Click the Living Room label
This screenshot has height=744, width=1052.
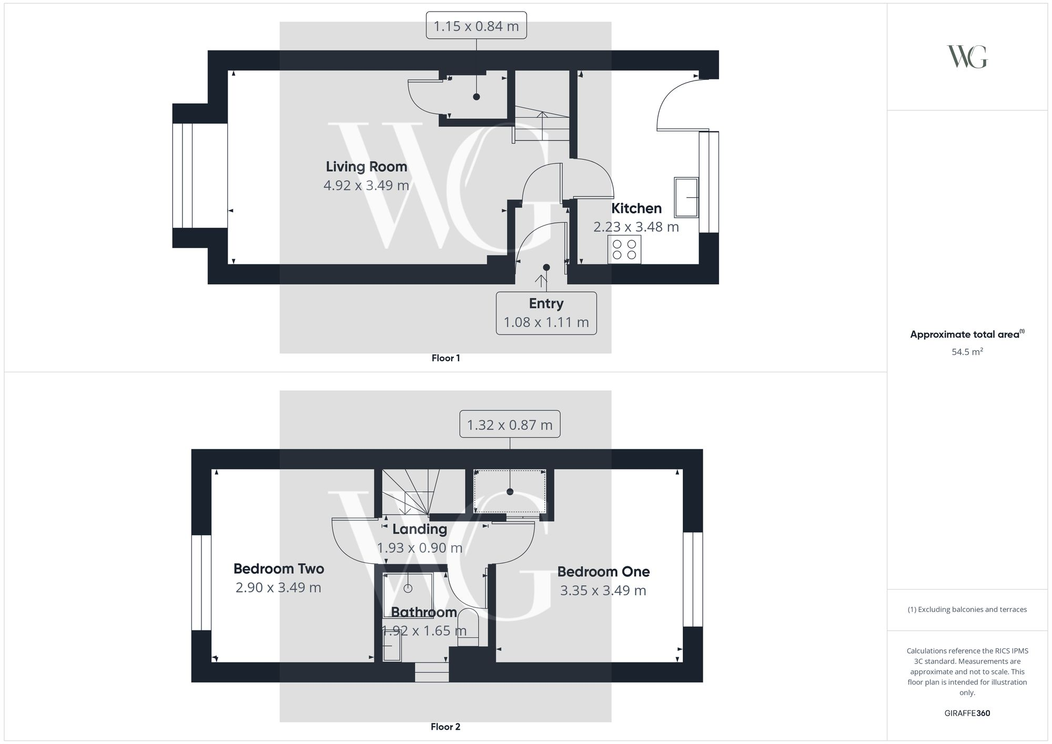(x=366, y=167)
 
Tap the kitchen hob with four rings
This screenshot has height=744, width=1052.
(x=624, y=249)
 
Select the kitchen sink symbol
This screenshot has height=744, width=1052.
(x=686, y=197)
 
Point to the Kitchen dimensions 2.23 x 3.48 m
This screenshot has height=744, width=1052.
(x=636, y=227)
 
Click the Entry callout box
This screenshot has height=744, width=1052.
(x=546, y=313)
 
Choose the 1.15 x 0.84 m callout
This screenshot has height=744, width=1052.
(x=476, y=26)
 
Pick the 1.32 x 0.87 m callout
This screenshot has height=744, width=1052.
(x=510, y=424)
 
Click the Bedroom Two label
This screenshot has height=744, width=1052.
(x=279, y=568)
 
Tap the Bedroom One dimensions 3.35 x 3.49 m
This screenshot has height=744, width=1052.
(x=603, y=590)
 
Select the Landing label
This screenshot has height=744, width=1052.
(x=419, y=529)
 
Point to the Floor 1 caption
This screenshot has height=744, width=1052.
(x=446, y=358)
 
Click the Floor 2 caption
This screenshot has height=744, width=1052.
(x=446, y=727)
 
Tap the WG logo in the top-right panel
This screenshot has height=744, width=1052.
(x=967, y=57)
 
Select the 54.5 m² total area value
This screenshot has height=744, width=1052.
(x=967, y=352)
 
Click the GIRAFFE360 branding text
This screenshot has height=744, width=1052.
(x=967, y=713)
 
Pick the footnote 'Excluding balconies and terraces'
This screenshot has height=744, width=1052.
(x=967, y=609)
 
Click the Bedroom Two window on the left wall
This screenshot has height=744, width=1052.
(x=201, y=582)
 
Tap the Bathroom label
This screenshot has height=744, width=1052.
(x=424, y=612)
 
